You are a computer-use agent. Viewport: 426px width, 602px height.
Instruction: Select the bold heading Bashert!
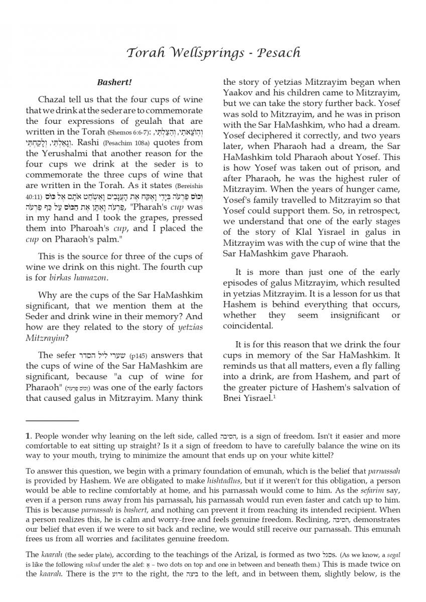pos(114,81)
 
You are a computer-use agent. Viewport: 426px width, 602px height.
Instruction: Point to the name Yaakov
pos(239,93)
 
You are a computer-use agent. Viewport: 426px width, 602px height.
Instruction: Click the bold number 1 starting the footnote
pos(28,435)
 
